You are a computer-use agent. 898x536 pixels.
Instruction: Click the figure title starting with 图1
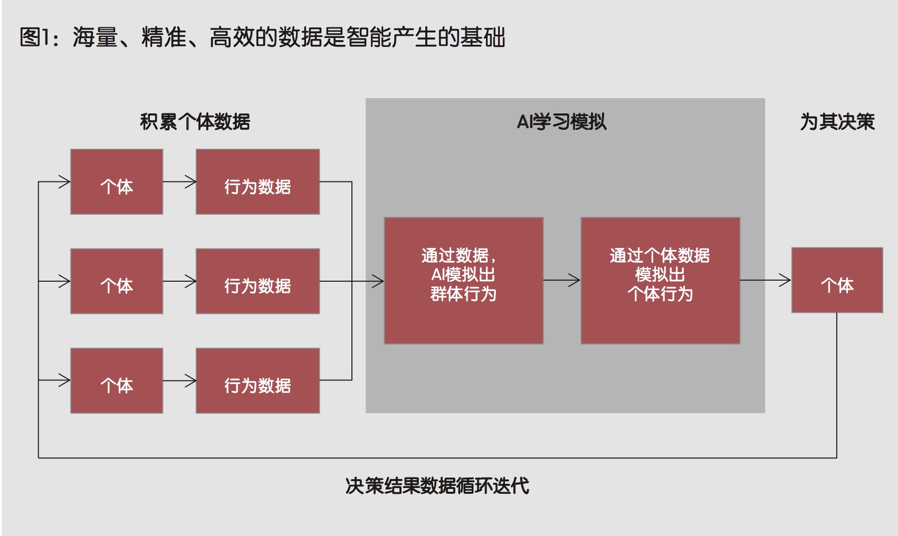(262, 37)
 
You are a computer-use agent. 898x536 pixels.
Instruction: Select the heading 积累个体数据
(195, 122)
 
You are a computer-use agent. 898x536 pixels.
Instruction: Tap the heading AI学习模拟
(561, 122)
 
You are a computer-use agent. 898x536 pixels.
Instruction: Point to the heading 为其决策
(837, 122)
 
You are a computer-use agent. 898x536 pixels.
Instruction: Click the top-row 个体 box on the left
(117, 182)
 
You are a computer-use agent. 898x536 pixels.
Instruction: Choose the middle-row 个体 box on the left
(117, 281)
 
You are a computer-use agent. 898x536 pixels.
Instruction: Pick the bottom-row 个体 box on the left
(117, 380)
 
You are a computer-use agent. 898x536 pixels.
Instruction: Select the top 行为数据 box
(257, 182)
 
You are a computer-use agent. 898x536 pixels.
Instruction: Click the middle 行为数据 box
(257, 281)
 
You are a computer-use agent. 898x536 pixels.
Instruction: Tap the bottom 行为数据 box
(257, 380)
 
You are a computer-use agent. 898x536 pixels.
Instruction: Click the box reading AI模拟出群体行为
(463, 281)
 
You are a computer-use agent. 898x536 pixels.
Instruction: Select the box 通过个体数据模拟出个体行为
(660, 281)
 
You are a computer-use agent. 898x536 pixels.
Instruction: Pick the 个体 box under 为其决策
(837, 280)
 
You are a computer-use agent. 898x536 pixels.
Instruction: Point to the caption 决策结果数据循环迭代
(437, 486)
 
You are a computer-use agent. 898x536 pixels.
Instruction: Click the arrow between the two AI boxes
(562, 281)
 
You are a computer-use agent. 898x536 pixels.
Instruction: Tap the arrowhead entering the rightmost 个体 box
(786, 281)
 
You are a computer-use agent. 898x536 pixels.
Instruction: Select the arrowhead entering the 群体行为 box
(378, 281)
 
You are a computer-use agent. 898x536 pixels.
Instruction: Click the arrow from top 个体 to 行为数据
(179, 182)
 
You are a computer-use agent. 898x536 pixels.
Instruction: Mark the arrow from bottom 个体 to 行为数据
(179, 380)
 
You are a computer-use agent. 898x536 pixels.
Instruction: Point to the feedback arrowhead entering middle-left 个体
(64, 281)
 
